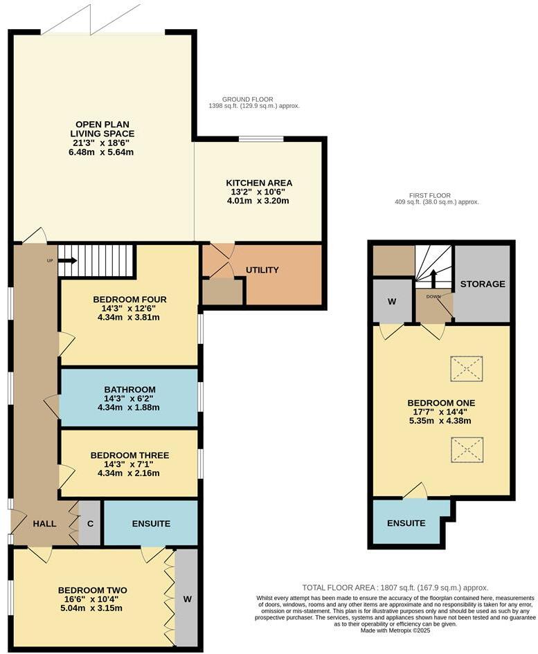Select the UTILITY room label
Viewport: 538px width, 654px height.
(x=262, y=270)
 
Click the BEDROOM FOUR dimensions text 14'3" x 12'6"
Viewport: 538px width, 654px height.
(x=129, y=309)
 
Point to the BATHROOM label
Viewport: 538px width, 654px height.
(x=129, y=390)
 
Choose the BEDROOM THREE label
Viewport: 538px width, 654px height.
(x=129, y=455)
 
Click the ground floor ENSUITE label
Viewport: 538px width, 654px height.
(x=151, y=524)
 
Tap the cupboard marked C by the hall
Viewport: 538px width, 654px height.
(x=90, y=524)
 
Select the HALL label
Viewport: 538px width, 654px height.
(x=45, y=524)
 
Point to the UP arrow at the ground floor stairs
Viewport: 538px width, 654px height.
(x=67, y=261)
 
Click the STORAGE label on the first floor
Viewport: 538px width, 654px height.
(x=483, y=284)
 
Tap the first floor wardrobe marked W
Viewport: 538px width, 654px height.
(x=392, y=302)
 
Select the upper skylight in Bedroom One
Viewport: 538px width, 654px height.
(x=466, y=368)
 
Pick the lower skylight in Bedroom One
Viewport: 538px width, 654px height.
(x=466, y=450)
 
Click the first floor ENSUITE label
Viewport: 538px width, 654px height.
(x=406, y=523)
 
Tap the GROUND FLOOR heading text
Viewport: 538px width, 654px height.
(x=248, y=99)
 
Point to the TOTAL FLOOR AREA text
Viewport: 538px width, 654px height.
(x=395, y=587)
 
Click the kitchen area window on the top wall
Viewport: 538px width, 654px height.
(x=261, y=139)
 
